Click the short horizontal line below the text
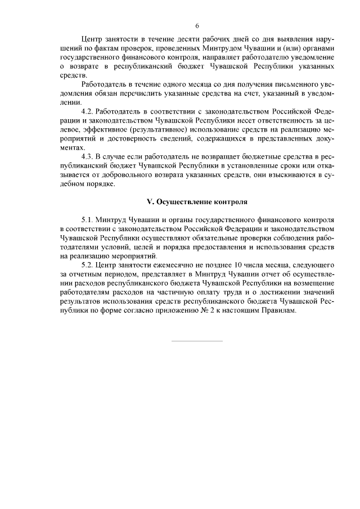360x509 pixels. (x=197, y=340)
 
